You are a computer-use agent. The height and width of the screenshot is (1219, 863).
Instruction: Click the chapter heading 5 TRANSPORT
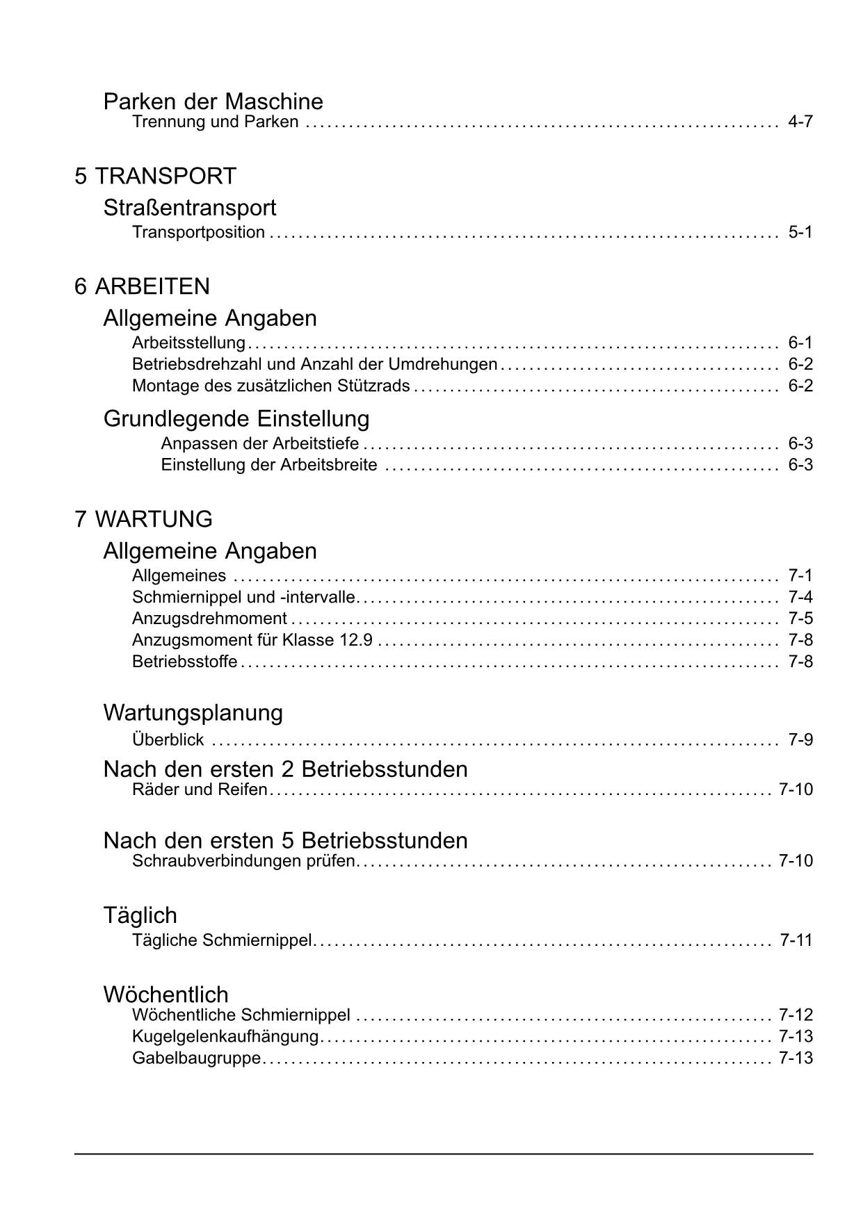155,177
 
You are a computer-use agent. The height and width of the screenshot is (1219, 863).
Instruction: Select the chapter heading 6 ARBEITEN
142,286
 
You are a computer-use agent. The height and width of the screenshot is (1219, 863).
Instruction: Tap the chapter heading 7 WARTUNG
143,519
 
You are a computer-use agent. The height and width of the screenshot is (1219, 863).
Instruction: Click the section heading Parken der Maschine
213,101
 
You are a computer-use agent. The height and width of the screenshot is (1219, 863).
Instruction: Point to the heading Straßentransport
189,208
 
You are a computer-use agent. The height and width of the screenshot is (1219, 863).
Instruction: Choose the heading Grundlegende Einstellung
236,419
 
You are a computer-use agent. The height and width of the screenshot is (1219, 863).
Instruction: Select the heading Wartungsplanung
193,713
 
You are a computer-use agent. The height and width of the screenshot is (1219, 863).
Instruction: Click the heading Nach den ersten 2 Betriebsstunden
285,769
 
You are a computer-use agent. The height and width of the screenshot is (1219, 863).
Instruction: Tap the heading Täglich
140,915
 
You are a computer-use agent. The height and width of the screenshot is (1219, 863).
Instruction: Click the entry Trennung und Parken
215,122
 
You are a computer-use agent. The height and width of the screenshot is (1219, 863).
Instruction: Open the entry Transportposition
198,232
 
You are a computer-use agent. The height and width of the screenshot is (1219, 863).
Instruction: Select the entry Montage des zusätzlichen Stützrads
271,386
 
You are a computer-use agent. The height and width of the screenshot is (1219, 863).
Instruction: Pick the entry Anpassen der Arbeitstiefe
259,443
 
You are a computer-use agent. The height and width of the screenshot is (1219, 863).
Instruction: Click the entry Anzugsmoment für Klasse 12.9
252,640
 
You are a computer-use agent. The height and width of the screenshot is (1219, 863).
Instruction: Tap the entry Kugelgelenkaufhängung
225,1037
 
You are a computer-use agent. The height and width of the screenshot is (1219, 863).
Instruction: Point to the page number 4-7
800,122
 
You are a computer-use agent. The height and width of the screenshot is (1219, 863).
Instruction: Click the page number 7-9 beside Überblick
800,739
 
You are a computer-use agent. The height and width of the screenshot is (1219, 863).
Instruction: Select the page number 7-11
796,941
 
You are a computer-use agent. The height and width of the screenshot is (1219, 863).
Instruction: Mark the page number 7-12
796,1015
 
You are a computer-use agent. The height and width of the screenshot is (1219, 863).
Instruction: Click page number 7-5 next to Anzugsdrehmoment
800,619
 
